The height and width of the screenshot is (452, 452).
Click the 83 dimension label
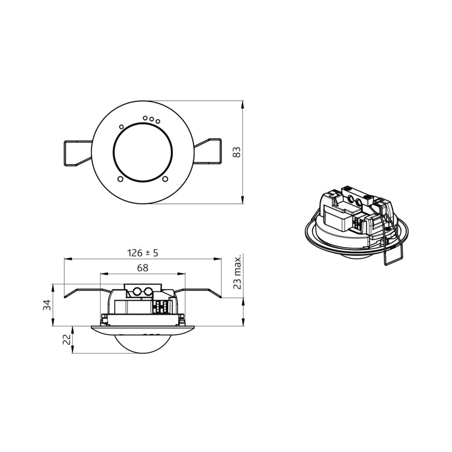(x=236, y=152)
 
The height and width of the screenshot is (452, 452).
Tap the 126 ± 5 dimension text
(x=143, y=253)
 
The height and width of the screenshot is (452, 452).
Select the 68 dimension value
(x=143, y=268)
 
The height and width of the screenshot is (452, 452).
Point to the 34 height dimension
(x=47, y=305)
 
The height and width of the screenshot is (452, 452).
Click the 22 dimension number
(x=66, y=339)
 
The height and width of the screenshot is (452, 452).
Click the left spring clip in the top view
(x=78, y=153)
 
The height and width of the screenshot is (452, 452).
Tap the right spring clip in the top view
(x=207, y=151)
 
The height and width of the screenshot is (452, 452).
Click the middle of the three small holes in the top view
(x=151, y=119)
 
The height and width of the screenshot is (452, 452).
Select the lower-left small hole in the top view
(x=121, y=179)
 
